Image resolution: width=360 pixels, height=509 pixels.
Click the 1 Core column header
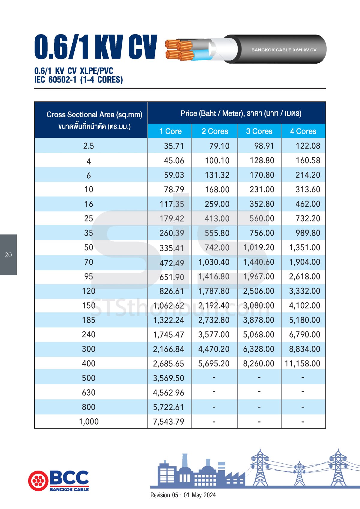click(170, 131)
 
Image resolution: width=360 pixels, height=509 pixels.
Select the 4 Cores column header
click(303, 131)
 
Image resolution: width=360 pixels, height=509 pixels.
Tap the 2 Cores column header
click(215, 131)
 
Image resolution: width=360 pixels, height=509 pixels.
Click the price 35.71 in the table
click(174, 146)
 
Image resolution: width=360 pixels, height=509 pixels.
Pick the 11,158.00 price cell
click(302, 364)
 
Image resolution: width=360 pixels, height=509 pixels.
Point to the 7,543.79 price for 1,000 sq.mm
click(169, 422)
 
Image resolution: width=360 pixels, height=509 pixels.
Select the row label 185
click(88, 320)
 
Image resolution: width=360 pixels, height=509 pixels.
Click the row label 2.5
click(88, 146)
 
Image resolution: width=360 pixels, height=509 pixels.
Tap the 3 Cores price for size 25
click(262, 218)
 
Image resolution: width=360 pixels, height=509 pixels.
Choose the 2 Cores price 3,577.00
click(214, 335)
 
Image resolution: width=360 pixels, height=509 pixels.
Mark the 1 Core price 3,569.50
click(169, 378)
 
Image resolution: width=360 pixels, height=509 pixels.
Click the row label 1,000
click(88, 422)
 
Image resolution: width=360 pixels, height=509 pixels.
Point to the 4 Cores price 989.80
click(308, 233)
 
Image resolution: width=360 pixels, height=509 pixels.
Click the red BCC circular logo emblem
click(38, 481)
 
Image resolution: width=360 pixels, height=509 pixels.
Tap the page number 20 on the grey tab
click(8, 255)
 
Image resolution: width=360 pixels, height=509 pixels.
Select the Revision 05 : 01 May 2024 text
click(183, 495)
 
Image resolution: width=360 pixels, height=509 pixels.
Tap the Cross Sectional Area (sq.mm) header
click(94, 115)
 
